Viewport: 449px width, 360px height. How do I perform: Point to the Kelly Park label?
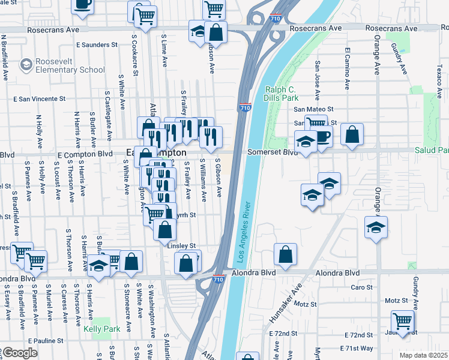pos(102,329)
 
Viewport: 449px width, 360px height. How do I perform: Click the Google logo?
pos(19,353)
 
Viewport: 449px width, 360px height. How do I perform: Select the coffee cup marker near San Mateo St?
pos(322,136)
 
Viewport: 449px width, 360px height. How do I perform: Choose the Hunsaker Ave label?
pos(295,300)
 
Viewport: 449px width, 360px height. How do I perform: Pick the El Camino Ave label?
pos(346,67)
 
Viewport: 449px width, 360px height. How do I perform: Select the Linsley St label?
pos(181,246)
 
